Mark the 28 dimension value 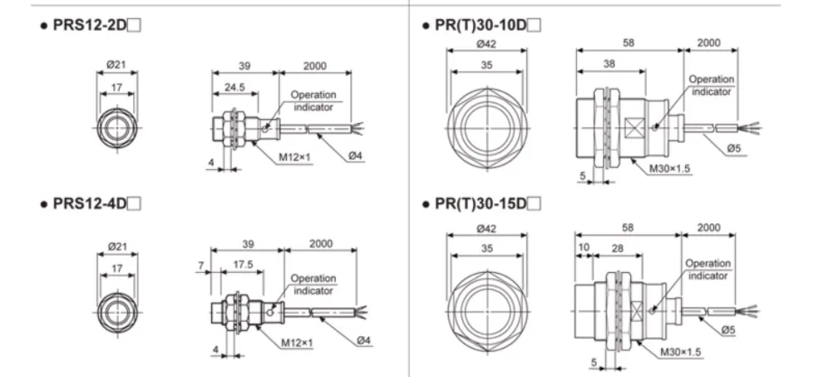click(x=619, y=248)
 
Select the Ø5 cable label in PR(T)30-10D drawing click(x=733, y=148)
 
